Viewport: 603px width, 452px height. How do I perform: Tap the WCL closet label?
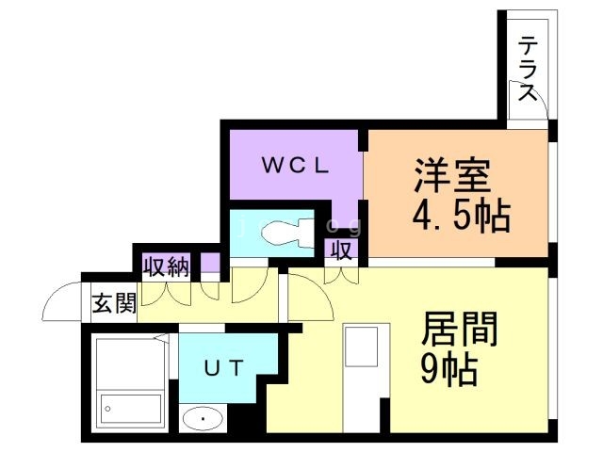294,166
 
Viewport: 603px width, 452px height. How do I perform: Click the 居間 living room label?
459,331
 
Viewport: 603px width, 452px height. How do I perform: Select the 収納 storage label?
166,266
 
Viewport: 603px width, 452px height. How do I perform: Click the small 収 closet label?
340,250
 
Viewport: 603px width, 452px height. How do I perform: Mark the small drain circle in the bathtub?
107,409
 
